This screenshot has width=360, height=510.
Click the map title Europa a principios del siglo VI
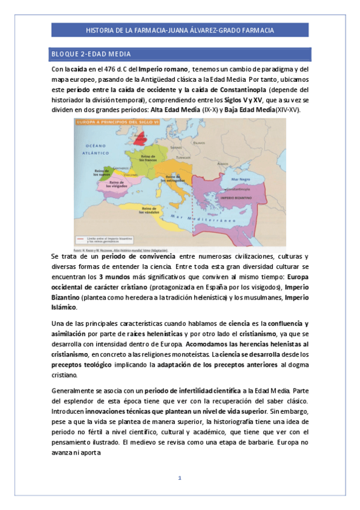(112, 122)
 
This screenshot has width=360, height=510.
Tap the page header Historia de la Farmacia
(180, 29)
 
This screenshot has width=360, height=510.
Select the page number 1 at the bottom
(179, 478)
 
